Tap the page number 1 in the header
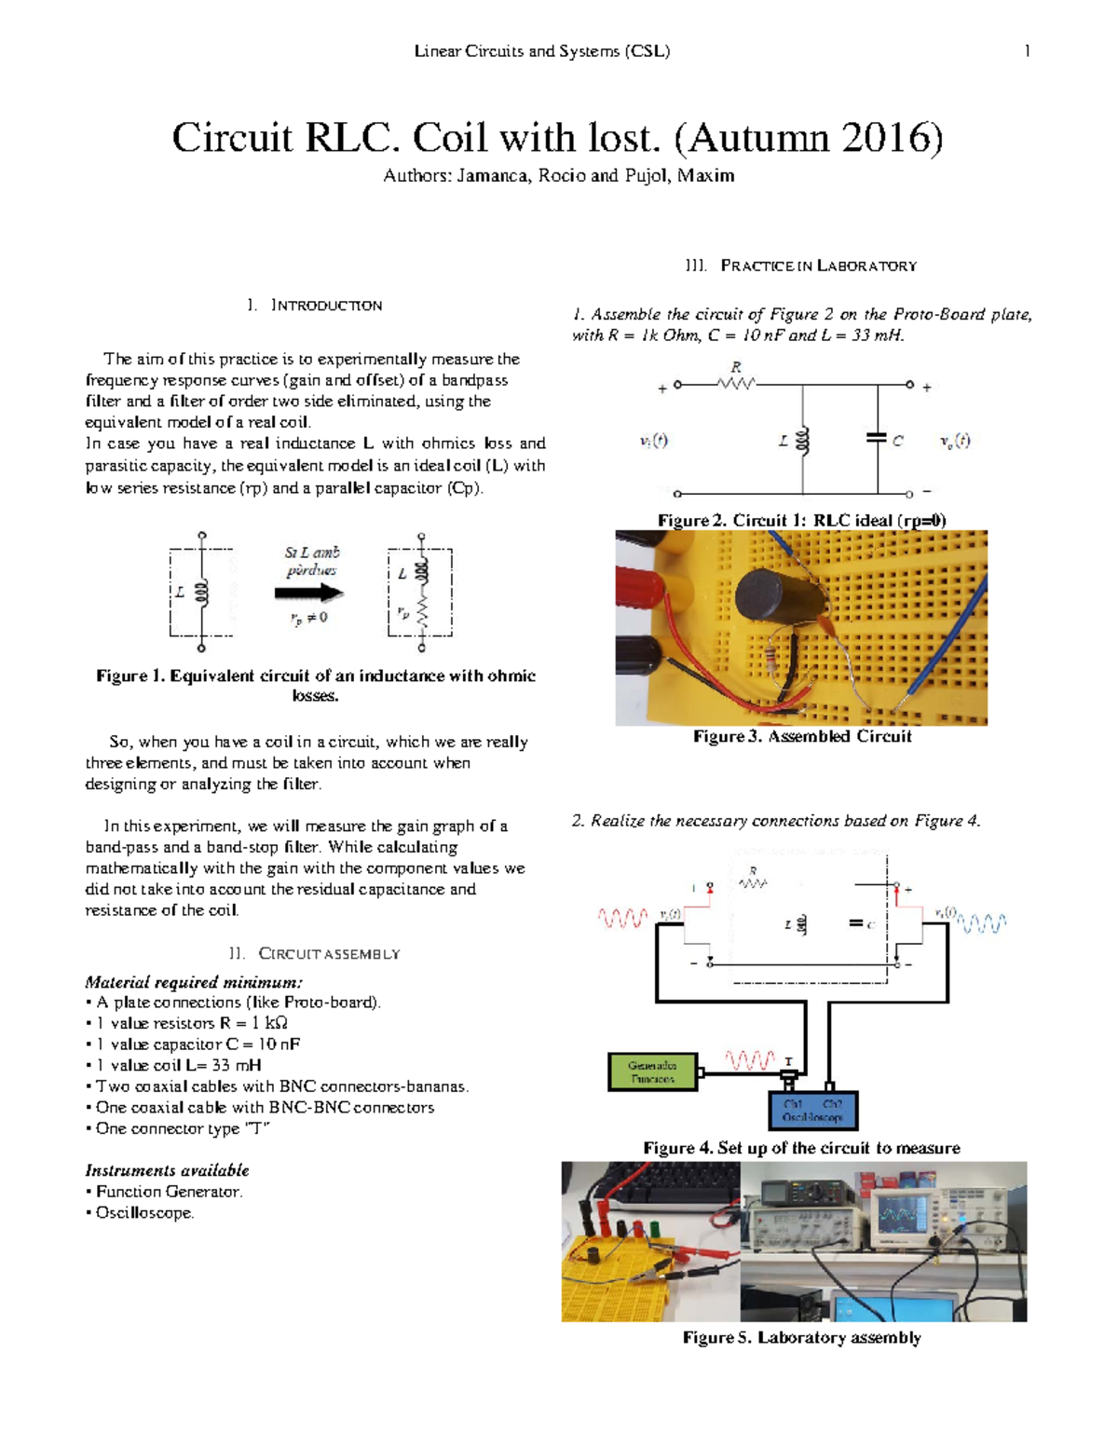pos(1027,51)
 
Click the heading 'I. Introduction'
pos(315,306)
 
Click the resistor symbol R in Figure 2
pos(737,383)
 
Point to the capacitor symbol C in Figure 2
pos(877,437)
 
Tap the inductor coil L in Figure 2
pos(803,441)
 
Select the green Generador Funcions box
pos(652,1072)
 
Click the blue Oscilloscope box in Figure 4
pos(812,1111)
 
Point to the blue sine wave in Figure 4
pos(982,923)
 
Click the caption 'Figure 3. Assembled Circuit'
pos(802,737)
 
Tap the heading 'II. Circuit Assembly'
pos(315,954)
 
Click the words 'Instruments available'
pos(167,1170)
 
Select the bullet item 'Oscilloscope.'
pos(144,1213)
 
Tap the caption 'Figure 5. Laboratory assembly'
pos(802,1338)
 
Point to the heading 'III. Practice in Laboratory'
pos(802,266)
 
